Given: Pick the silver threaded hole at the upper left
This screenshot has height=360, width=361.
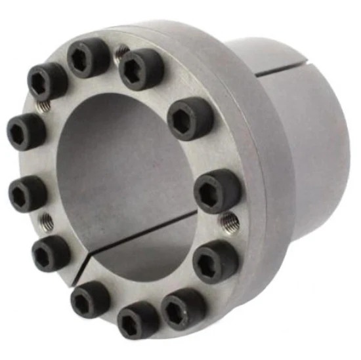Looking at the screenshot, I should [x=42, y=104].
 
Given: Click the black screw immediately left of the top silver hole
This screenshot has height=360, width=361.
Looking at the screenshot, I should [x=89, y=58].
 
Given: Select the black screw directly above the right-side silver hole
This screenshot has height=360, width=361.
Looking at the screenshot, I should [x=217, y=190].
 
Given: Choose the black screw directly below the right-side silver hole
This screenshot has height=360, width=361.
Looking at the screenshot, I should [x=215, y=260].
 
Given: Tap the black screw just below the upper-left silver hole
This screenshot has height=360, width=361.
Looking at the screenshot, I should [x=26, y=132].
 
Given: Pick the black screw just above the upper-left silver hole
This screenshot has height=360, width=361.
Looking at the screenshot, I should [x=48, y=80].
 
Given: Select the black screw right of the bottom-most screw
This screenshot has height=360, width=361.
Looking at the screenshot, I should [x=183, y=308].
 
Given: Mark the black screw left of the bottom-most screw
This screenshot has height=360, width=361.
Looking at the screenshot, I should [x=90, y=300].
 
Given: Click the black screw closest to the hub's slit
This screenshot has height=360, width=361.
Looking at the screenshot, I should [x=190, y=119].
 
